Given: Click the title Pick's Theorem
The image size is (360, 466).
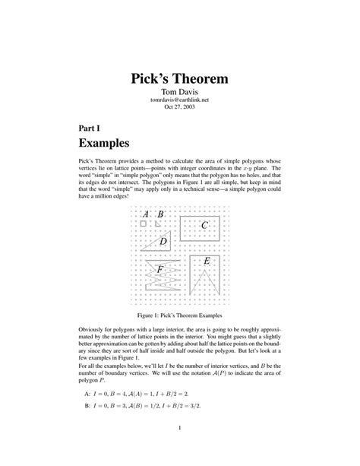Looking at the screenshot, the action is pos(180,78).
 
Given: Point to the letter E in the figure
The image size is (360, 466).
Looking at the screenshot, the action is pos(206,262).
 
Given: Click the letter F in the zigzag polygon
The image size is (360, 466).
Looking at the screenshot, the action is pos(159,269).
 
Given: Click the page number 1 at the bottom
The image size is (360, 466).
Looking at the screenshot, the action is pos(180,437).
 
